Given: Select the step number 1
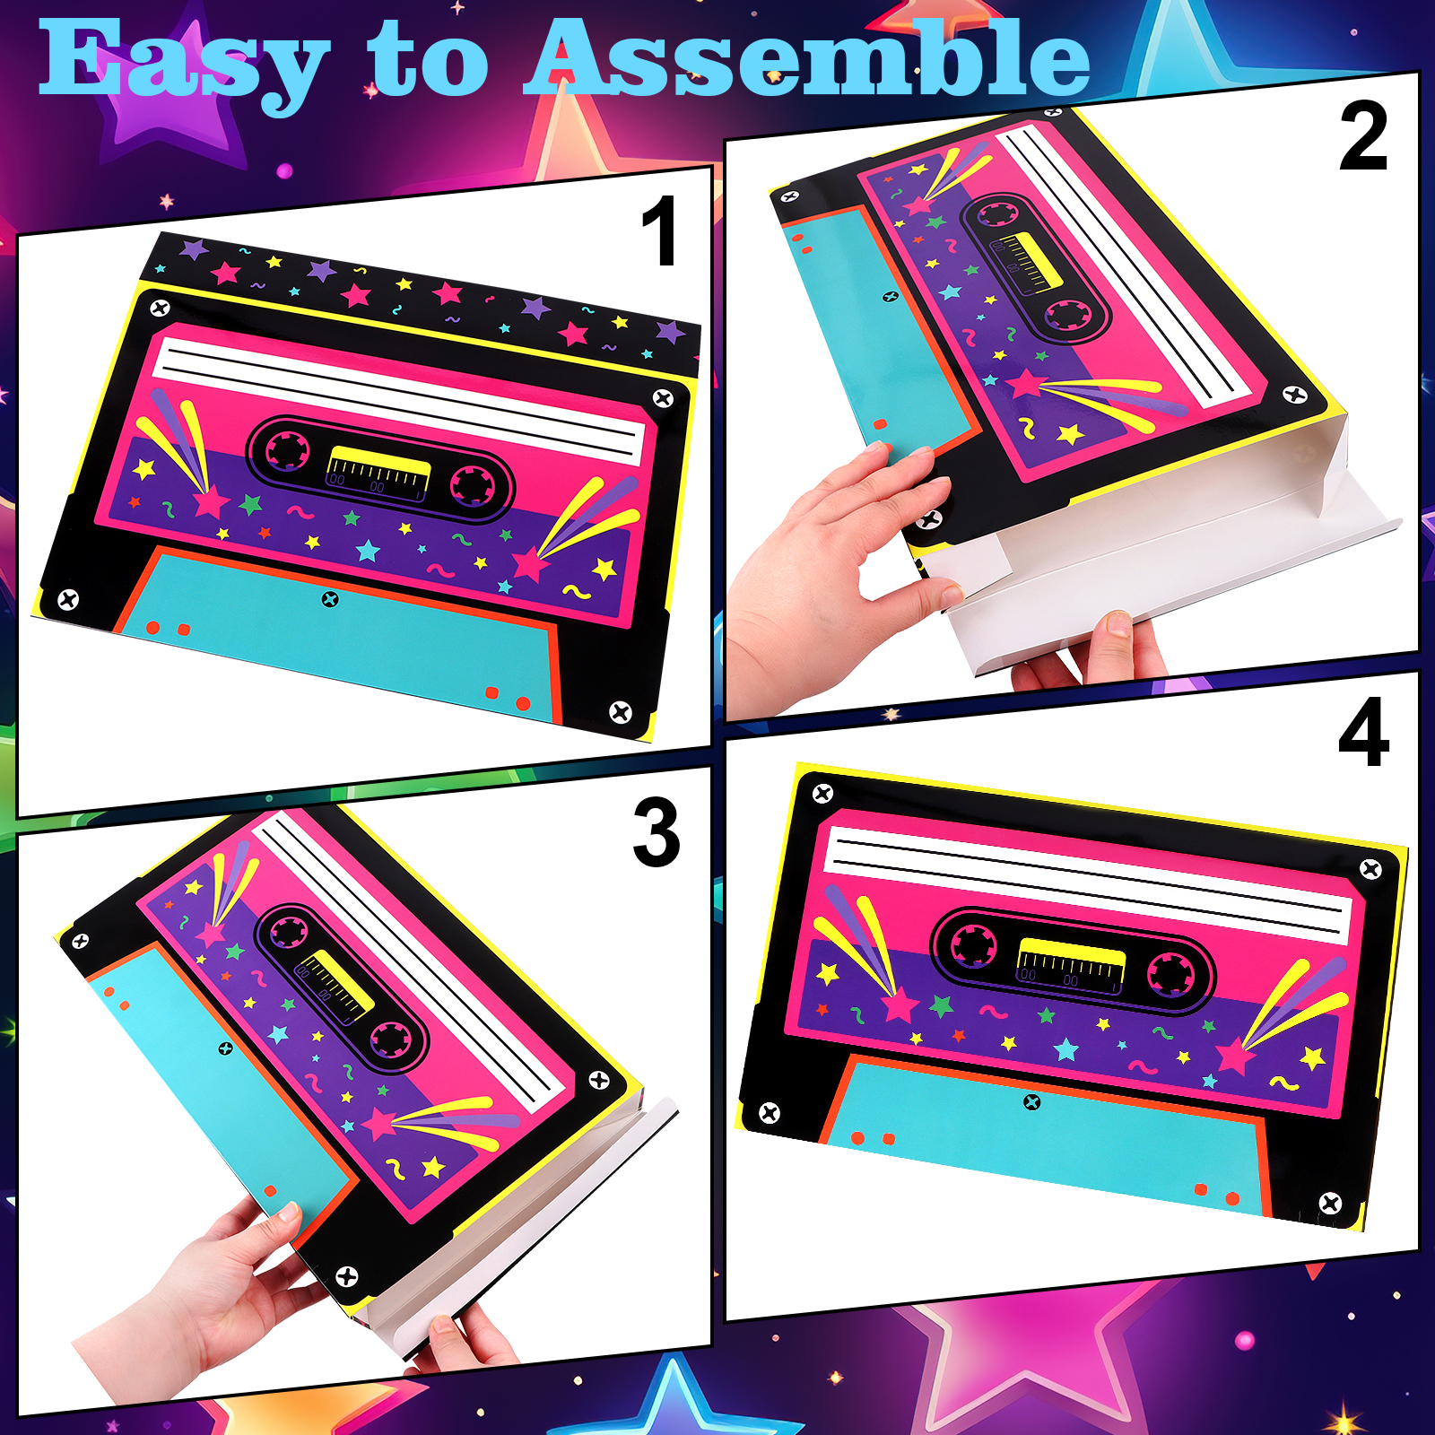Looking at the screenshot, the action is pos(660,230).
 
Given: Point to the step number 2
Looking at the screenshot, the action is pos(1363,136).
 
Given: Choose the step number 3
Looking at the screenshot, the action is pos(657,832).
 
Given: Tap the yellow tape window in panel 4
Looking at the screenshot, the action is pos(1071,961).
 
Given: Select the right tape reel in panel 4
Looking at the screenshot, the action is pos(1170,974).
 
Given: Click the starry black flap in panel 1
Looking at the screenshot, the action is pos(422,300).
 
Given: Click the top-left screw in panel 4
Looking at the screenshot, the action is pos(822,793).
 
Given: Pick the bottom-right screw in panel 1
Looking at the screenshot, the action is pos(621,712).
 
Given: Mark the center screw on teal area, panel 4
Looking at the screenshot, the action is pos(1032,1101).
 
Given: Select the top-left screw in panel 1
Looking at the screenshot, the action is pos(161,309).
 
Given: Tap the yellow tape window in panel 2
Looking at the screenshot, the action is pos(1031,260).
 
